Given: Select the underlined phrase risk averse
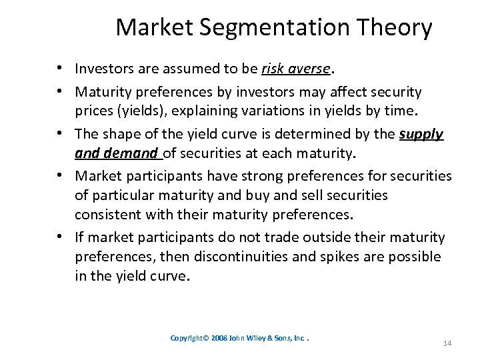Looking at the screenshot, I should point(296,69).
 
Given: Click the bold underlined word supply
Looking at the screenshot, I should point(421,134).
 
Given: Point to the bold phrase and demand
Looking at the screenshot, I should point(117,154).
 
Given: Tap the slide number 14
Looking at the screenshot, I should point(447,343).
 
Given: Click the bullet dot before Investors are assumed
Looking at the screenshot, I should point(60,69).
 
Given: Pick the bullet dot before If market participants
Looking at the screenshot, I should point(60,237).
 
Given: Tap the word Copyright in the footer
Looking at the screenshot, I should point(189,338).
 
